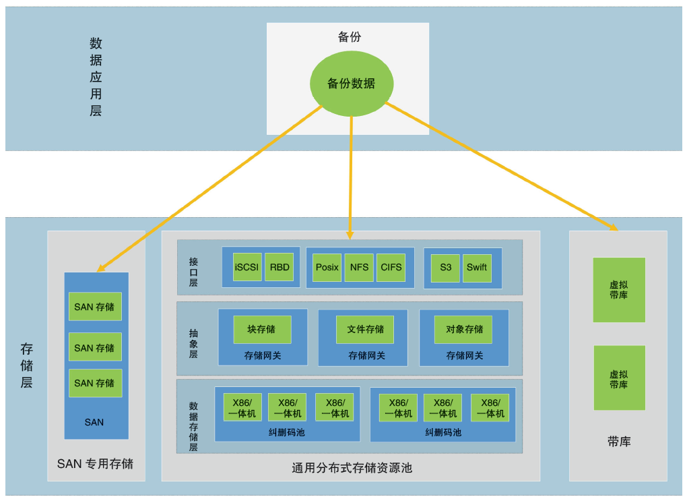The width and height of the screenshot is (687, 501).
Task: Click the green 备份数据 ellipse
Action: click(351, 84)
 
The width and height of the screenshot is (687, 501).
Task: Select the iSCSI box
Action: click(247, 267)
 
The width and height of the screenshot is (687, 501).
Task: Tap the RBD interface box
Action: click(279, 267)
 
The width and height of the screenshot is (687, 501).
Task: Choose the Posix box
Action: click(327, 267)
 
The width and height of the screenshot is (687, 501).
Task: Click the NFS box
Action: click(359, 267)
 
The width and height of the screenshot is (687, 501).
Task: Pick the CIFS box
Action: click(391, 267)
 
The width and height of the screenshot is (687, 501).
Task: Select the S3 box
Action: click(445, 267)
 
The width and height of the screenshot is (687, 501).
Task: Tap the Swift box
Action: click(476, 267)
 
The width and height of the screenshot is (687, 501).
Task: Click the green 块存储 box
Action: click(262, 329)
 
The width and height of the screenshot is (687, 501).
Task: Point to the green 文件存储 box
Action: click(365, 329)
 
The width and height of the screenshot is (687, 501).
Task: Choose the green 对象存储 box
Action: click(463, 329)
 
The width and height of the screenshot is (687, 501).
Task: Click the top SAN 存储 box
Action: click(95, 307)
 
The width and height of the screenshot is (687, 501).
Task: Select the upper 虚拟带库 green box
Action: click(619, 290)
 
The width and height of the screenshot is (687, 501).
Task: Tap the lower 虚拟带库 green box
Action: click(619, 378)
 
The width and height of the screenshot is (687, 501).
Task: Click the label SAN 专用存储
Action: click(95, 464)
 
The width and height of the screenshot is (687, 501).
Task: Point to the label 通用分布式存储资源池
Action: click(352, 468)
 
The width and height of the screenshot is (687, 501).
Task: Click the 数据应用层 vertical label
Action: click(96, 76)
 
